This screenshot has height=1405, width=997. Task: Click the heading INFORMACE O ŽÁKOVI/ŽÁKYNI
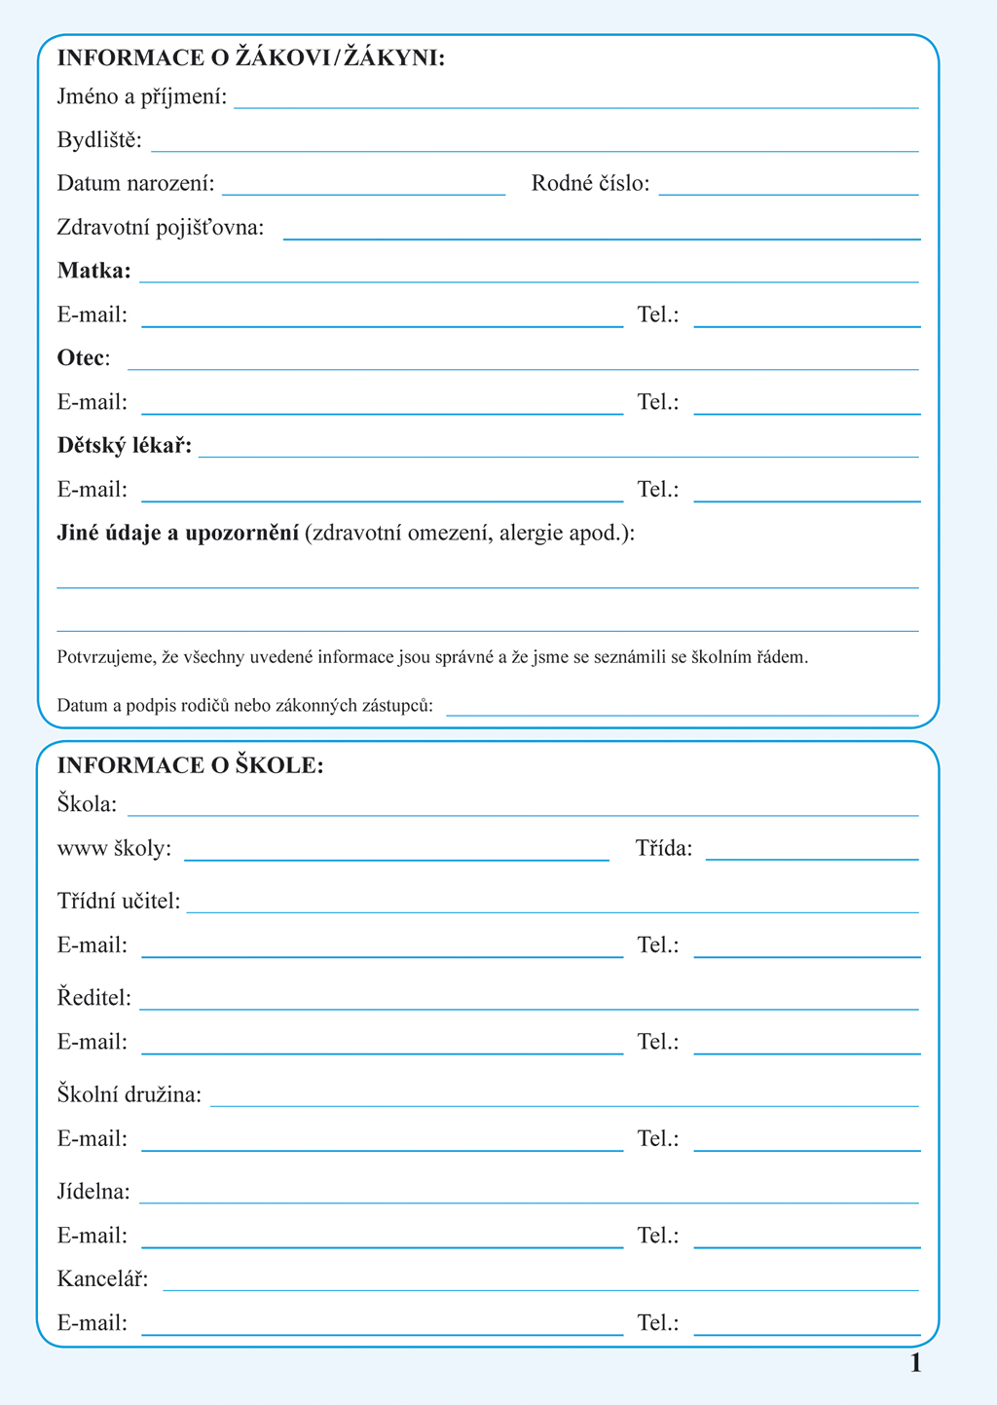click(250, 58)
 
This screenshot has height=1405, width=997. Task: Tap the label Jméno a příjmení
click(142, 97)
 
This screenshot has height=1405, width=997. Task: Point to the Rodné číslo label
click(590, 184)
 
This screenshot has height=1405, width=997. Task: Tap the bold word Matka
click(93, 271)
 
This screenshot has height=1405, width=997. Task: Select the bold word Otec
click(81, 358)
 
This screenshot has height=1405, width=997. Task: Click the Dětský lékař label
click(125, 446)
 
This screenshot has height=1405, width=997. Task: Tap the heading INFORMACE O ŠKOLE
click(190, 766)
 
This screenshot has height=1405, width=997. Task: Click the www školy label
click(114, 849)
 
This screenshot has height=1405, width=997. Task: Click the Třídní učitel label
click(119, 902)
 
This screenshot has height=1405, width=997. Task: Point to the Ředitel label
click(94, 998)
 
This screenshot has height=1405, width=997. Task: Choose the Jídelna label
click(94, 1192)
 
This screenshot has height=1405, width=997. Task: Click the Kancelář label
click(103, 1278)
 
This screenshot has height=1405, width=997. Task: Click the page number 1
click(915, 1364)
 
